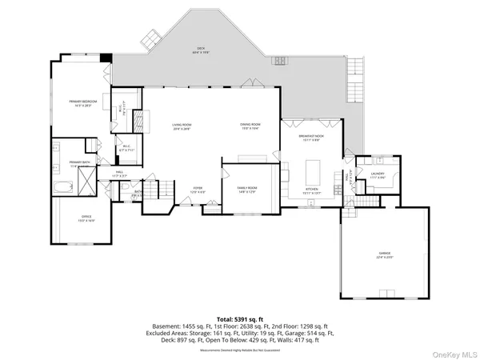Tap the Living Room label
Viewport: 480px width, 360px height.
point(182,126)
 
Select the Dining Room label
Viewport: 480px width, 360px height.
point(250,126)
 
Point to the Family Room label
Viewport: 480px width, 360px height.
point(246,190)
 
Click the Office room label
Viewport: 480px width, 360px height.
point(86,218)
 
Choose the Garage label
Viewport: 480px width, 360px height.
point(385,255)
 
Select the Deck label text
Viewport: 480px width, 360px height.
point(200,50)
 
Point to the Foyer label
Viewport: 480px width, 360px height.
point(196,190)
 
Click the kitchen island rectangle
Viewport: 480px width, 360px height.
point(312,170)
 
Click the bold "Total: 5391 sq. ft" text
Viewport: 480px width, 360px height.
point(240,318)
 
